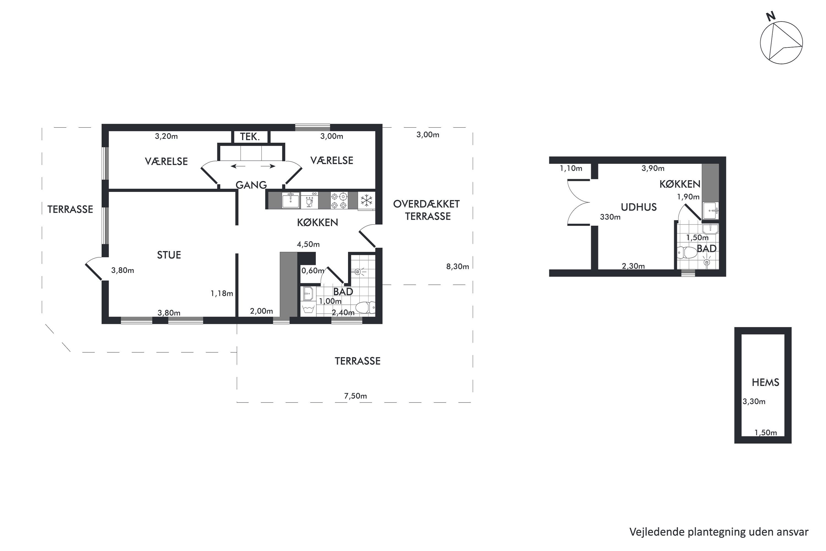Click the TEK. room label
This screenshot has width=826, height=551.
[x=250, y=136]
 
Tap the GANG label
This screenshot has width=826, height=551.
[x=251, y=185]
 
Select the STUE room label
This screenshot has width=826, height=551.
[x=169, y=255]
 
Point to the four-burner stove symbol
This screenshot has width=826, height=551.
[x=339, y=200]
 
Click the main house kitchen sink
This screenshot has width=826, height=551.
[x=291, y=200]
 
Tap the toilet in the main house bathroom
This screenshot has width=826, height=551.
[x=365, y=307]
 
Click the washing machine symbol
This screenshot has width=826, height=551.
[x=308, y=309]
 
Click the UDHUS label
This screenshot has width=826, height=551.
[x=638, y=207]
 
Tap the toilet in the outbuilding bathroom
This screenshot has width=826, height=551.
[x=687, y=252]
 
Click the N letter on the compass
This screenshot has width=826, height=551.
[x=770, y=17]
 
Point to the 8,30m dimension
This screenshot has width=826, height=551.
[x=457, y=267]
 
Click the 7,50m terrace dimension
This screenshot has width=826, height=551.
[x=355, y=396]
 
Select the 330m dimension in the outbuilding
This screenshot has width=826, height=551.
[x=610, y=217]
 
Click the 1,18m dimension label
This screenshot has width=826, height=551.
[x=222, y=293]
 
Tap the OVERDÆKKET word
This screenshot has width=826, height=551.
[x=426, y=204]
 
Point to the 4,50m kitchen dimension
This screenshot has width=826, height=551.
[x=308, y=244]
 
